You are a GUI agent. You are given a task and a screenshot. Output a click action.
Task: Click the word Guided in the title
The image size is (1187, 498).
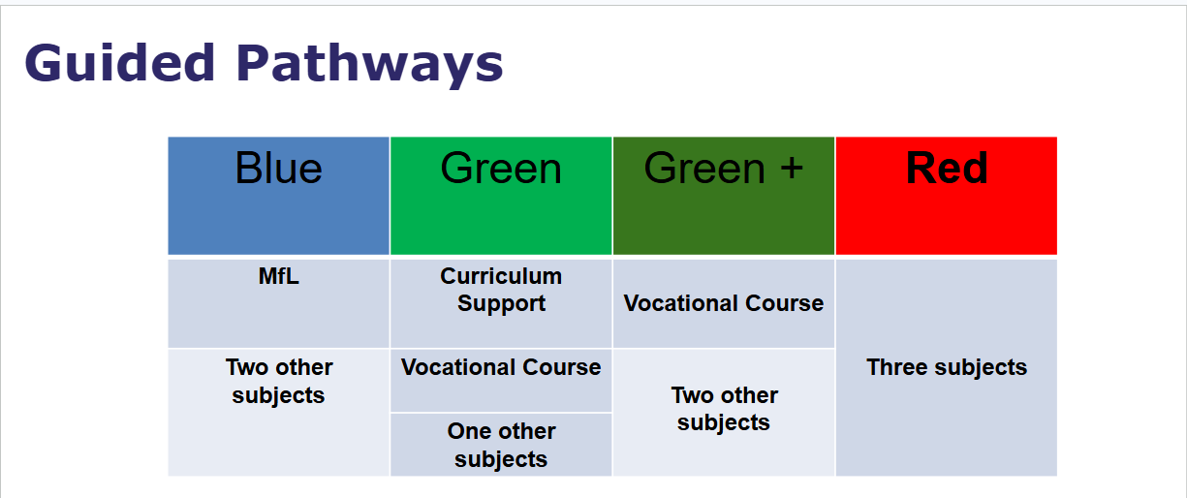(x=120, y=63)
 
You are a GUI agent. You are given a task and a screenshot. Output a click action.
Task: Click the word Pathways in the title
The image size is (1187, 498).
(x=369, y=66)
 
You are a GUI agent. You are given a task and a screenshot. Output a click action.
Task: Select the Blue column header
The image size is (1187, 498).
(x=279, y=169)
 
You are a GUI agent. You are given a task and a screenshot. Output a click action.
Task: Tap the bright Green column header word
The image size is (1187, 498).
(x=501, y=169)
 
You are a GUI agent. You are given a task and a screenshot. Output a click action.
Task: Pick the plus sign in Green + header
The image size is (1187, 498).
(x=791, y=168)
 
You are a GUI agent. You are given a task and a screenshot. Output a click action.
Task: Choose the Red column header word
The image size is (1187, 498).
(x=947, y=168)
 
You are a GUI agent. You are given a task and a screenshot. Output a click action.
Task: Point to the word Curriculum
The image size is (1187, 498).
(x=501, y=276)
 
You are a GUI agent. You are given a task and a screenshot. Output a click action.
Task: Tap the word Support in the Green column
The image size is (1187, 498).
(x=501, y=304)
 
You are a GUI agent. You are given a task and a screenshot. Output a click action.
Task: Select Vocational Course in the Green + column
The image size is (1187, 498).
(x=724, y=303)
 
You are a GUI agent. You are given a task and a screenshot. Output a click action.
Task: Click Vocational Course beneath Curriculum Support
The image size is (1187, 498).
(x=501, y=367)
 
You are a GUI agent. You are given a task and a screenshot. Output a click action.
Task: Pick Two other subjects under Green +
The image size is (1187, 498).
(x=724, y=409)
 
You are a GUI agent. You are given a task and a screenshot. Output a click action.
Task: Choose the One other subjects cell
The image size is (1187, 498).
(x=501, y=445)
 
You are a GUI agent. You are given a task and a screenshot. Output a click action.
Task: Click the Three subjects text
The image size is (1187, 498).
(x=947, y=367)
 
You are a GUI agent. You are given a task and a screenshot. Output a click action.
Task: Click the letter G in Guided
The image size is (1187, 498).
(x=42, y=63)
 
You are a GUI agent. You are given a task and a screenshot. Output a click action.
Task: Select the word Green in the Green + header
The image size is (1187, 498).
(x=704, y=169)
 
